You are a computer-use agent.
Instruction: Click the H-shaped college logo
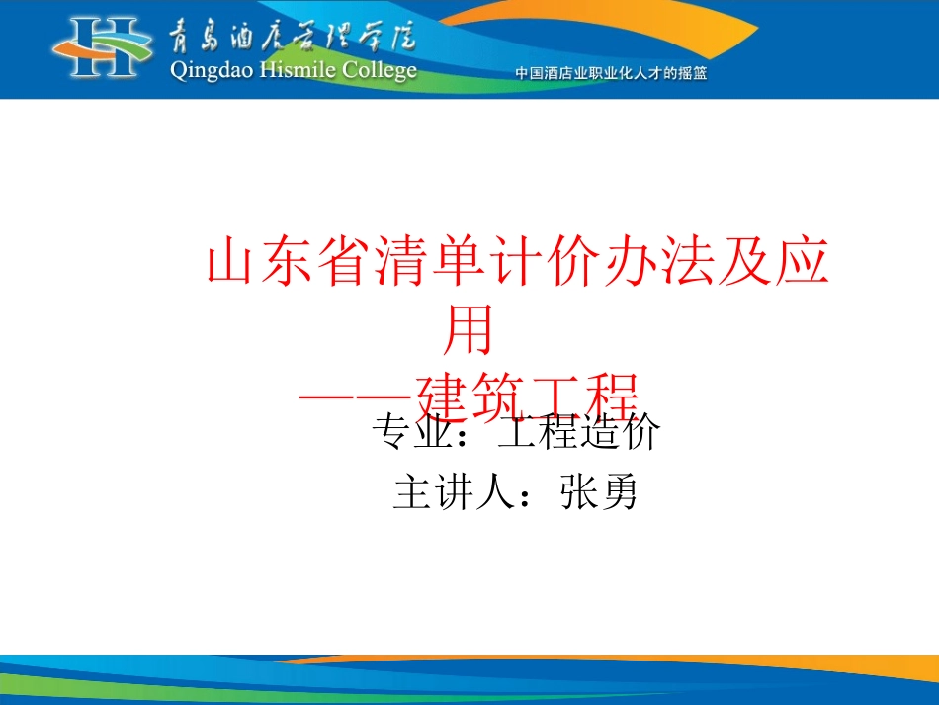point(105,46)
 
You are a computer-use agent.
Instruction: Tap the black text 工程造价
point(577,433)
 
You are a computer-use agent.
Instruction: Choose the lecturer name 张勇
point(598,492)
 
